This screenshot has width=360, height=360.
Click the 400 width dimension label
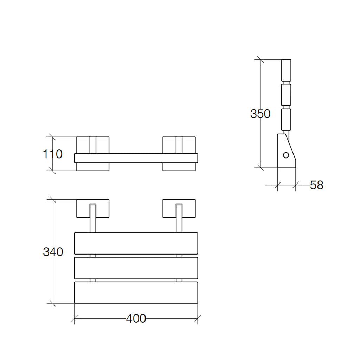[136, 319]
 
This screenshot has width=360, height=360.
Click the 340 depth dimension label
[53, 252]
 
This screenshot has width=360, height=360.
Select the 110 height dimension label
[52, 154]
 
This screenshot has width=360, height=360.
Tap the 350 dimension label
[260, 114]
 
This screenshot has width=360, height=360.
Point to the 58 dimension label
[316, 185]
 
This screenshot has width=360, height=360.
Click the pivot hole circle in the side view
[286, 155]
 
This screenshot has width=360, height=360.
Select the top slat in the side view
[287, 70]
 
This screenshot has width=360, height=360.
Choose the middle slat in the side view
[287, 94]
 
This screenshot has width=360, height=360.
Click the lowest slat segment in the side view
[286, 120]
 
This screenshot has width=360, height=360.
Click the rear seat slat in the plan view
[136, 243]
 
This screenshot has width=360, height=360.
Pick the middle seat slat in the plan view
[136, 268]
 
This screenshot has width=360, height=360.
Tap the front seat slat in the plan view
[136, 292]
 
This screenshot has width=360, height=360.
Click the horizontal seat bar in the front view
[136, 158]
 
